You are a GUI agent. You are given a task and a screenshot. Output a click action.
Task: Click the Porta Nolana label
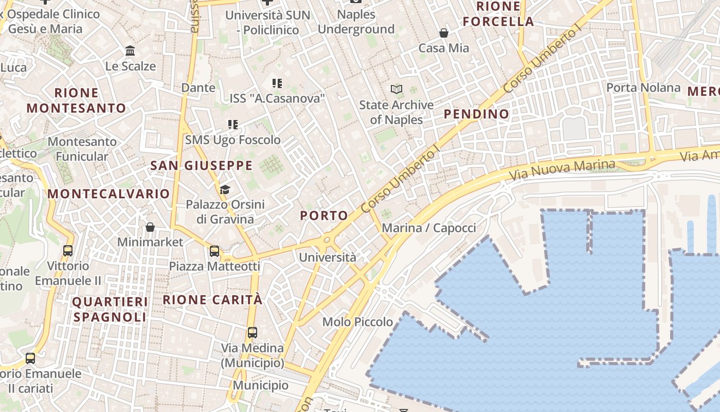click(x=643, y=88)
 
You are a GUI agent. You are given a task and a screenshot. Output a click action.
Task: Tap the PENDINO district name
click(x=476, y=114)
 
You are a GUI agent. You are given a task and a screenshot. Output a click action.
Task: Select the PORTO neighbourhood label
click(x=324, y=215)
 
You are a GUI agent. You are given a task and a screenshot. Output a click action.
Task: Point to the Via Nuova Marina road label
click(x=562, y=170)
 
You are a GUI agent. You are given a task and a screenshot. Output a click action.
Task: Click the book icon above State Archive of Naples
click(x=396, y=90)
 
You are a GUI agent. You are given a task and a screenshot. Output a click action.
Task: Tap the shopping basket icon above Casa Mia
click(x=444, y=33)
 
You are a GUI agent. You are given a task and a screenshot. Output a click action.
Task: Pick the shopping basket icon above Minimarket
click(x=150, y=227)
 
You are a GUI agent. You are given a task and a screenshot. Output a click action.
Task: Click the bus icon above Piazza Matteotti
click(x=214, y=251)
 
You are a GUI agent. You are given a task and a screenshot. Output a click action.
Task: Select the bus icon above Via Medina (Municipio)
click(x=252, y=333)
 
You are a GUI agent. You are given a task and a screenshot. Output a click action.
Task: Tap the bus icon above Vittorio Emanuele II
click(x=67, y=251)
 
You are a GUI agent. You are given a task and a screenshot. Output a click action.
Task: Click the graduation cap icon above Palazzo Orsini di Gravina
click(x=225, y=190)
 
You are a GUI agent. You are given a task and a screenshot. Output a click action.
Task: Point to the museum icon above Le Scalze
click(x=130, y=51)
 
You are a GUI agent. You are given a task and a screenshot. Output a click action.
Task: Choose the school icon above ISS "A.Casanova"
click(x=277, y=83)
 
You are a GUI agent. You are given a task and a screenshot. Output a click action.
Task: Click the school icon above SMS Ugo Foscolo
click(x=233, y=125)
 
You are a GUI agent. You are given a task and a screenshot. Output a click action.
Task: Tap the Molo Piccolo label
click(x=357, y=322)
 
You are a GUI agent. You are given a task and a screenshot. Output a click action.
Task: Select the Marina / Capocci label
click(x=429, y=228)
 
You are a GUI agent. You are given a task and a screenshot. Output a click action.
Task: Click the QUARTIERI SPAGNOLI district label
click(x=110, y=309)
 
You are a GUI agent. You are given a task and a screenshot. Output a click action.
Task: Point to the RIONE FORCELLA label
click(x=498, y=14)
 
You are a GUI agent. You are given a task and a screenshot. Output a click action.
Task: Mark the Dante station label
click(x=198, y=88)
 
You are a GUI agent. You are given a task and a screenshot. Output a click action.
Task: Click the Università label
click(x=328, y=257)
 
